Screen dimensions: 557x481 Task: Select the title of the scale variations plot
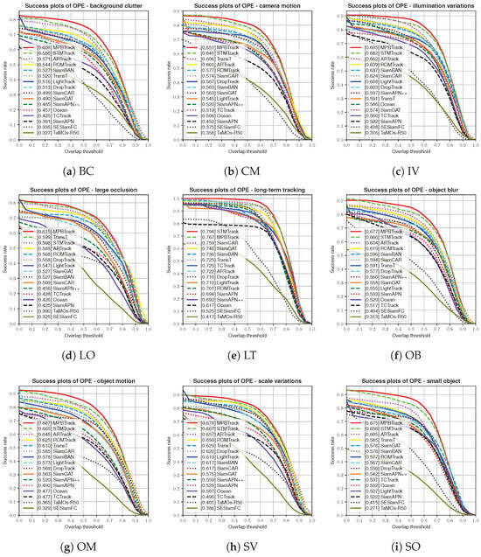[x=240, y=375]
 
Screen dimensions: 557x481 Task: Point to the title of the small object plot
[x=401, y=375]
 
